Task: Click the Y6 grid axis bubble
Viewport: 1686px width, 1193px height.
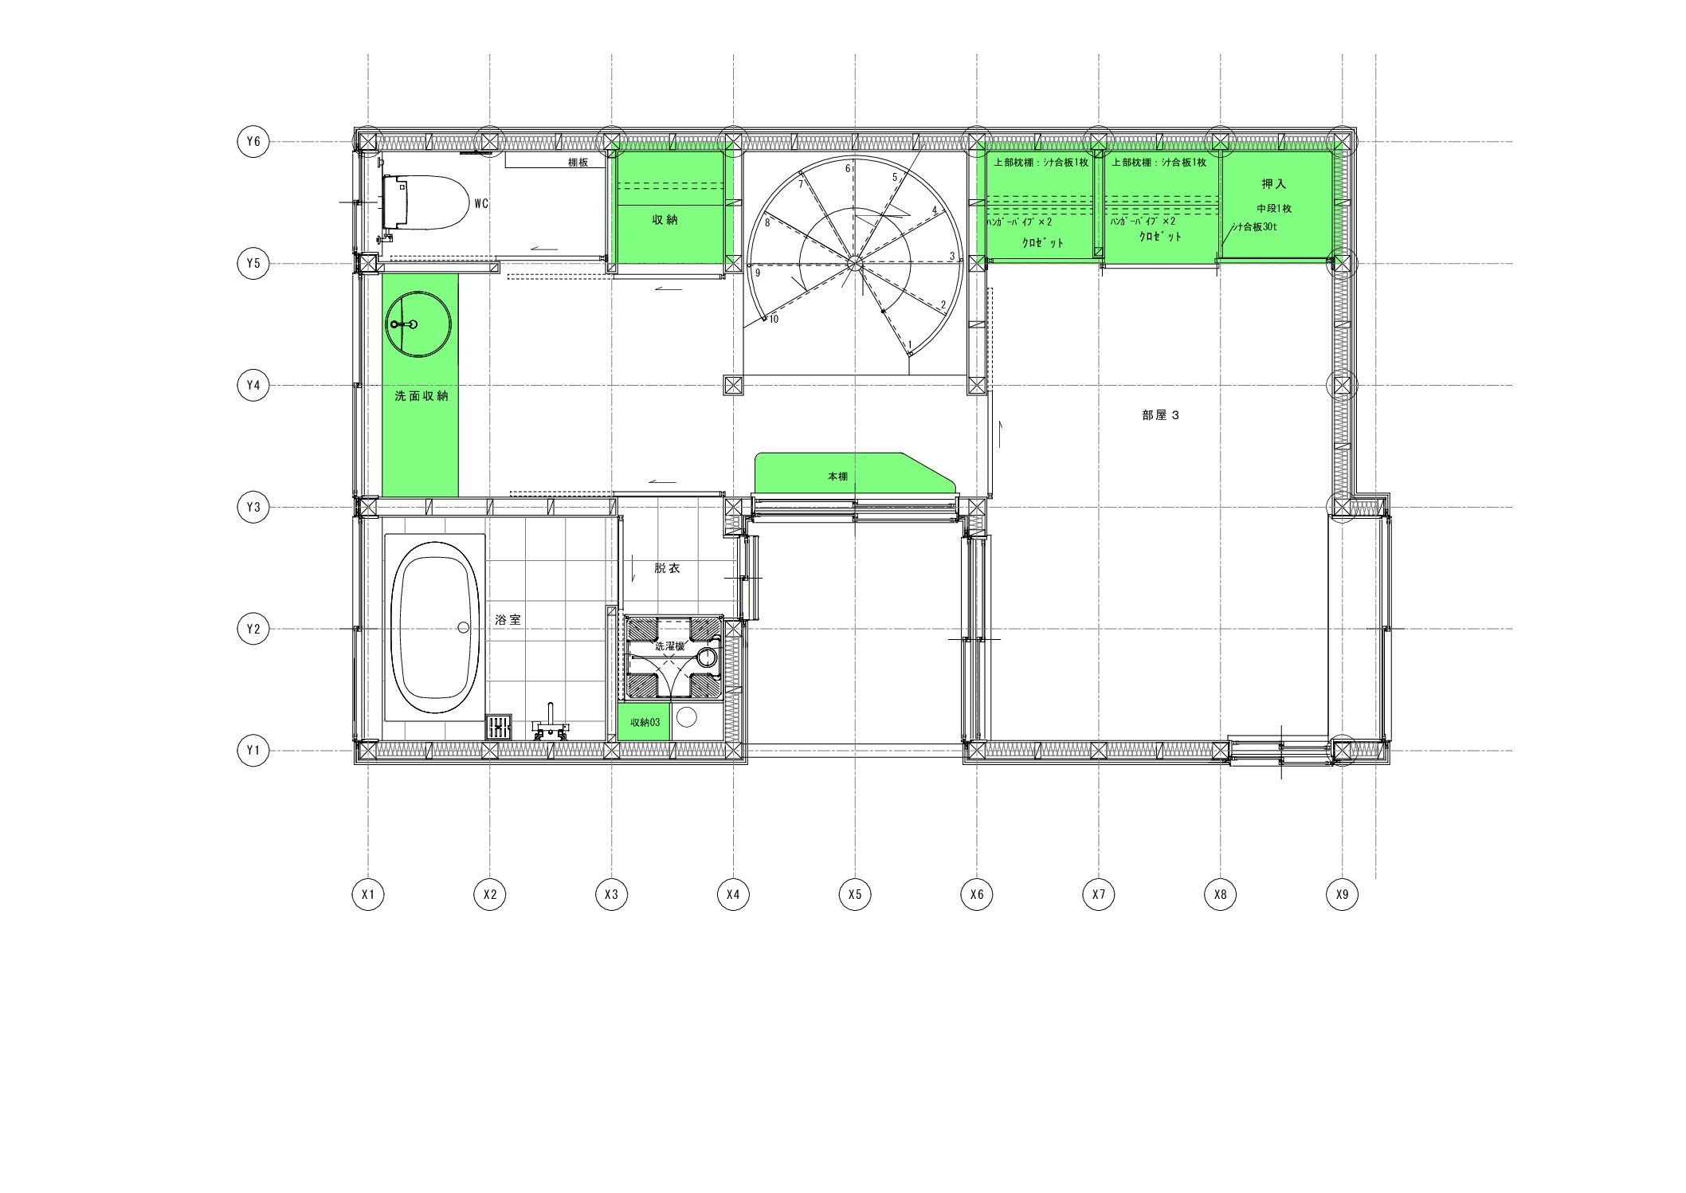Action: click(253, 142)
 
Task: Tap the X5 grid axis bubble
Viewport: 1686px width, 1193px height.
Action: click(855, 894)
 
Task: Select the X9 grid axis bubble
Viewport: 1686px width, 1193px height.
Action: click(1342, 894)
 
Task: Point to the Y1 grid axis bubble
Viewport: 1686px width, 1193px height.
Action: click(253, 751)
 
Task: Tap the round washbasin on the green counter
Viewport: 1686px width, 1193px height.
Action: click(419, 324)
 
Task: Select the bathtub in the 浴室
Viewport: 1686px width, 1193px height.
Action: click(435, 628)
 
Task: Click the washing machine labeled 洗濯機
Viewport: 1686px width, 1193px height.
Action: click(673, 657)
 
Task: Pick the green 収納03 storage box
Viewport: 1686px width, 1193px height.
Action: click(644, 723)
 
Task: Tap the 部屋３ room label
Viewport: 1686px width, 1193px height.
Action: click(1160, 415)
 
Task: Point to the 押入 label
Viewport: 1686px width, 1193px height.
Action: click(1273, 184)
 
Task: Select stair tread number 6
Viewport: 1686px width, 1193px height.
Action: click(848, 169)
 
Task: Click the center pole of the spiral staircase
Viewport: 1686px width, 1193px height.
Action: click(855, 263)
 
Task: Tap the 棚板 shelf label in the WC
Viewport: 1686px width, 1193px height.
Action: click(578, 163)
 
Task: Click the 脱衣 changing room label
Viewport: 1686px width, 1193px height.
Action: click(667, 568)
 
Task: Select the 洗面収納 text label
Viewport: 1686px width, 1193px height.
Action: click(421, 396)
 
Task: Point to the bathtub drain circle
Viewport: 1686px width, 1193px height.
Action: click(464, 628)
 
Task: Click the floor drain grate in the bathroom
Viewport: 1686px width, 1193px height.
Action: click(499, 727)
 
